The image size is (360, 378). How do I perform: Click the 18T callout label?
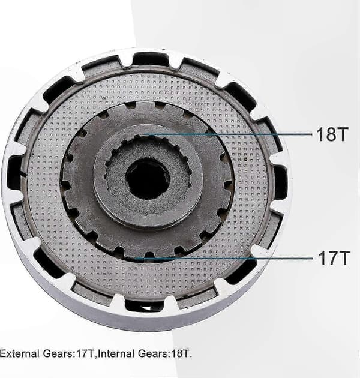332,134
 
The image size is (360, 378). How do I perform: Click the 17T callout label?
334,258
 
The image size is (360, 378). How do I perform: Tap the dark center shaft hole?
148,179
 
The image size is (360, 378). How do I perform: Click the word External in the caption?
20,353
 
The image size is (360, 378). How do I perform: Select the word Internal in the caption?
117,353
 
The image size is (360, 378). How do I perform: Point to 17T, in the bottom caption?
85,353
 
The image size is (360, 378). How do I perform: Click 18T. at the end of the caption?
181,353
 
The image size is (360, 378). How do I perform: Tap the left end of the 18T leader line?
144,134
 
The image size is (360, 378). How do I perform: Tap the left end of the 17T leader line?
135,259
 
